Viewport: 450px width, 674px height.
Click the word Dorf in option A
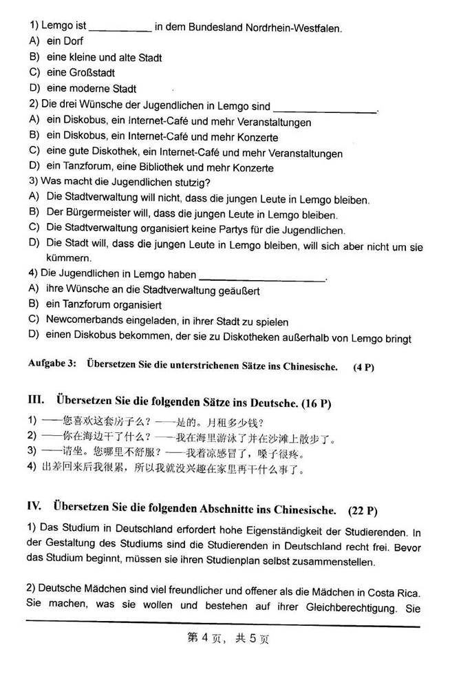pos(71,41)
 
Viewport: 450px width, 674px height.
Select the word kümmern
pos(67,258)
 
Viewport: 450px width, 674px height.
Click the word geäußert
pos(238,291)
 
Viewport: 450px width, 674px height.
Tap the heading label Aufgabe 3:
pos(51,366)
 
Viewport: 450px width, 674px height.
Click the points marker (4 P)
pos(363,366)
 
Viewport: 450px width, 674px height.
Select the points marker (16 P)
pos(319,401)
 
